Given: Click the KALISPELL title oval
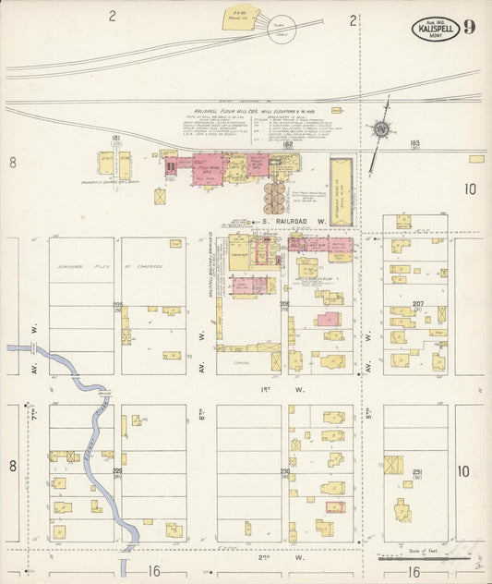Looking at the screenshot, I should point(435,28).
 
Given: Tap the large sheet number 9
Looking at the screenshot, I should point(471,26).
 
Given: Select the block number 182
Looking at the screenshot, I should point(287,144).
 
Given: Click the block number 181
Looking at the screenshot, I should point(115,139).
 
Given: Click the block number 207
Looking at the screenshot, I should point(417,304).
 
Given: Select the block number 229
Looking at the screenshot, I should point(117,472).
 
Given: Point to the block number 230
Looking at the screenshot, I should point(285,472).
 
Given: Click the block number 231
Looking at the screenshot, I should point(417,472).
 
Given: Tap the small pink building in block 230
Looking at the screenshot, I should point(336,506).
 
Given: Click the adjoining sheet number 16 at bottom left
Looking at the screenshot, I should point(152,572).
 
